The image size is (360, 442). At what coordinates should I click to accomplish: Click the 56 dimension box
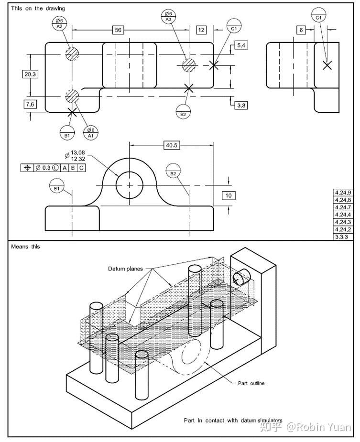(x=117, y=30)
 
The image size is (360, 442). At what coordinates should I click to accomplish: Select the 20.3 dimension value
(x=30, y=74)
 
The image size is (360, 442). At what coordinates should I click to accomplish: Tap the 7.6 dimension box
(x=30, y=104)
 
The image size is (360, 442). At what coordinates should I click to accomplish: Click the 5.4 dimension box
(x=241, y=45)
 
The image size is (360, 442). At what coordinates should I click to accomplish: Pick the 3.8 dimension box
(x=241, y=105)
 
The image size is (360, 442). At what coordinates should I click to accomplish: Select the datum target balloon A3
(x=168, y=16)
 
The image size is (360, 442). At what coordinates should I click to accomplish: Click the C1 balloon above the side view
(x=319, y=14)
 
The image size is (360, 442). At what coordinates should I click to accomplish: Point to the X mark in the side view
(x=327, y=65)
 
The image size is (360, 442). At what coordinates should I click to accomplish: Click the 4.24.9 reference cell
(x=343, y=193)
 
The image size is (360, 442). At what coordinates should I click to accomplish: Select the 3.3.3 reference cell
(x=343, y=237)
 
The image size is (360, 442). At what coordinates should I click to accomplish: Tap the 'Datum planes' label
(x=125, y=269)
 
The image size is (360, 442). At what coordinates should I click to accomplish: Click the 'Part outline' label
(x=251, y=383)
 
